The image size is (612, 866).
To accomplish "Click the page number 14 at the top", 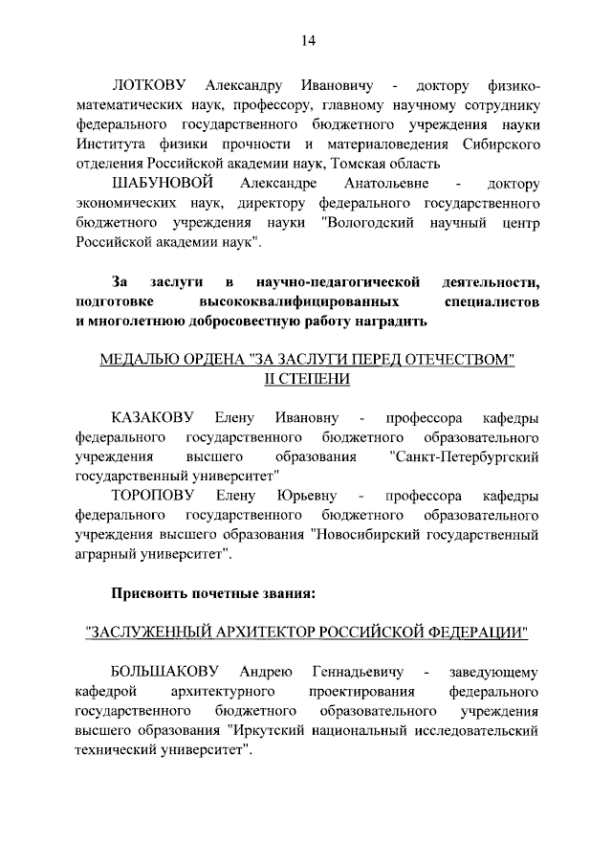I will [x=308, y=40].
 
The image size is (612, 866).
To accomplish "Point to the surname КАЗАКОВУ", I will [x=153, y=417].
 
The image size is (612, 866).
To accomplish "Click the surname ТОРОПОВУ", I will [x=154, y=496].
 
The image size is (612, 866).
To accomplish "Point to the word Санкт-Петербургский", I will [x=466, y=456].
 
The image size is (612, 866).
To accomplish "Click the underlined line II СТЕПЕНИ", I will [x=307, y=379].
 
